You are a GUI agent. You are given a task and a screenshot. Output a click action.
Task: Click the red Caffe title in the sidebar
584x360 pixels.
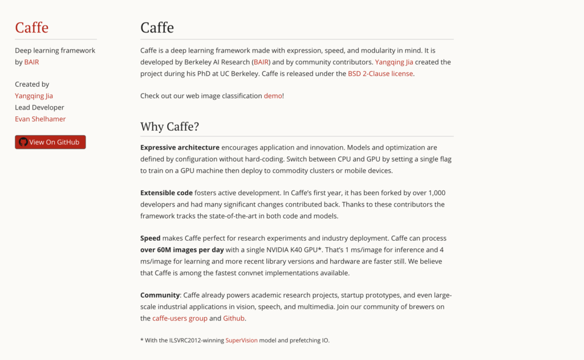[32, 27]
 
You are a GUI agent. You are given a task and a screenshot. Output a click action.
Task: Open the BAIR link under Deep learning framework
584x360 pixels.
[31, 62]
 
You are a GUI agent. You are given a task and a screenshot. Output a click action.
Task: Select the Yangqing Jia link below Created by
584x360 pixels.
[34, 96]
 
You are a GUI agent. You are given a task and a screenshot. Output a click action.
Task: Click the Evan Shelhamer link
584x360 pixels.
[40, 119]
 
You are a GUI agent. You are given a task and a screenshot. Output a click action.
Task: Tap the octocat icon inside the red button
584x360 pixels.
[23, 142]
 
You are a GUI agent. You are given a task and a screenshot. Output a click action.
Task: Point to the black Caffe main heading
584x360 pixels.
[157, 27]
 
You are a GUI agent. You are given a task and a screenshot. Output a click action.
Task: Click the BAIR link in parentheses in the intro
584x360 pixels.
[261, 62]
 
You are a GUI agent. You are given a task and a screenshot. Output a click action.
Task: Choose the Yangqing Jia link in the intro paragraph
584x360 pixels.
[394, 62]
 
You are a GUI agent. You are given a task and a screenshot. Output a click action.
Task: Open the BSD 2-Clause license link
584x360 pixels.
[380, 73]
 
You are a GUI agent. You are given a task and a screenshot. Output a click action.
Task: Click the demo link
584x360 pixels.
[273, 96]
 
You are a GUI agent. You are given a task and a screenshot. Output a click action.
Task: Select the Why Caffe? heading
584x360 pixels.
[169, 127]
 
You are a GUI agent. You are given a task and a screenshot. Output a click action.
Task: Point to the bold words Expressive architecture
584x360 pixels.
[180, 147]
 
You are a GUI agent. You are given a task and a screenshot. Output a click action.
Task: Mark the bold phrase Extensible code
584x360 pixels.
[167, 193]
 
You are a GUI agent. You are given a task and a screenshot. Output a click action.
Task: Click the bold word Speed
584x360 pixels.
[150, 238]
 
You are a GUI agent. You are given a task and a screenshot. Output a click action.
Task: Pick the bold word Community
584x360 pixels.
[160, 295]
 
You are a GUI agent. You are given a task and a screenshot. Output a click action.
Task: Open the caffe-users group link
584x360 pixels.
[180, 318]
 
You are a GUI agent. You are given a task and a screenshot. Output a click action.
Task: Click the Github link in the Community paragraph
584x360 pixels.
[234, 318]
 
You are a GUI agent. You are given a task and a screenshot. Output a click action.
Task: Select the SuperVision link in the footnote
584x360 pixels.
[241, 340]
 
